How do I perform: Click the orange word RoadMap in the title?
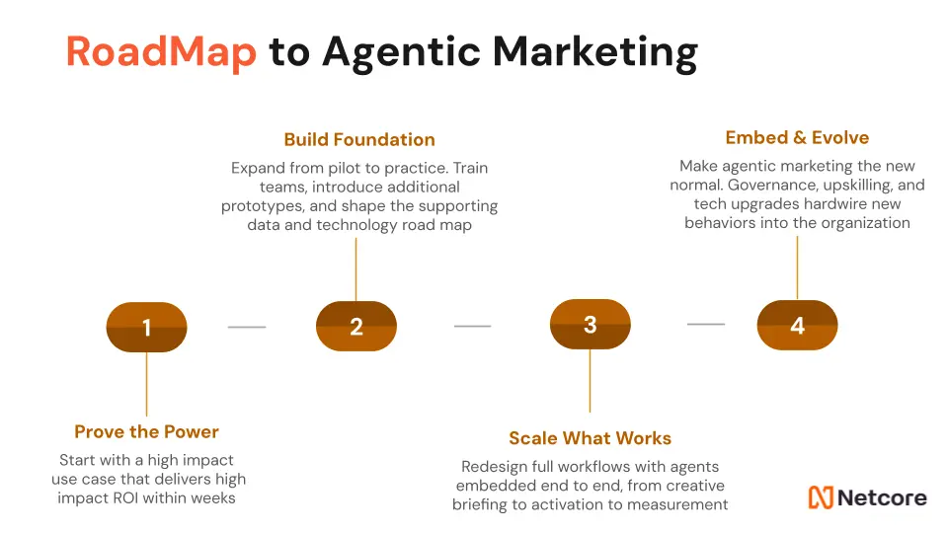pyautogui.click(x=161, y=52)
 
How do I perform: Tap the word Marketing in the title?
pyautogui.click(x=594, y=53)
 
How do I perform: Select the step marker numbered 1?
pyautogui.click(x=147, y=327)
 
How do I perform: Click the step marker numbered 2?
pyautogui.click(x=356, y=326)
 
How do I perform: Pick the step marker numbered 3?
pyautogui.click(x=591, y=324)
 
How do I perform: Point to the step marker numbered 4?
pyautogui.click(x=798, y=325)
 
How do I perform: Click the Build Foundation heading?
pyautogui.click(x=359, y=139)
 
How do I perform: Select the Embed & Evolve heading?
pyautogui.click(x=798, y=138)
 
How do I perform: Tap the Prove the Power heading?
pyautogui.click(x=147, y=431)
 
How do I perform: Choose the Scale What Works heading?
pyautogui.click(x=591, y=438)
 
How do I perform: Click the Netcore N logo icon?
pyautogui.click(x=821, y=497)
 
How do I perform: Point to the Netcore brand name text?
pyautogui.click(x=883, y=497)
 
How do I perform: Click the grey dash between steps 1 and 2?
pyautogui.click(x=247, y=327)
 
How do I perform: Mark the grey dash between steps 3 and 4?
pyautogui.click(x=705, y=325)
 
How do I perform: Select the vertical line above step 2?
pyautogui.click(x=356, y=269)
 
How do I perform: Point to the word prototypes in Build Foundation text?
pyautogui.click(x=263, y=206)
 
